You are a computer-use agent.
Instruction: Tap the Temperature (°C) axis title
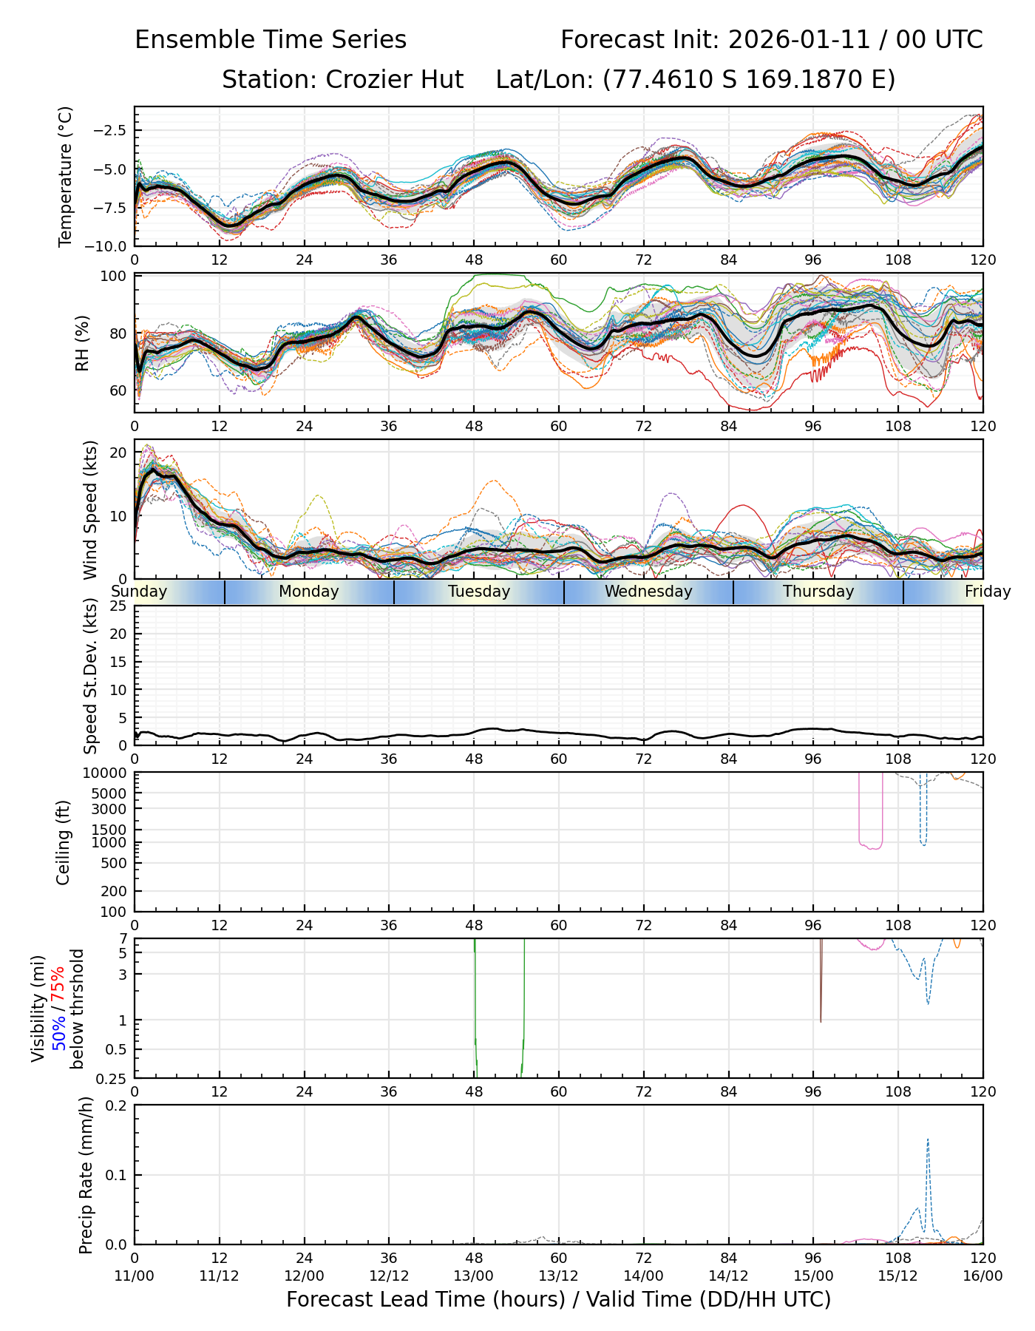coord(66,176)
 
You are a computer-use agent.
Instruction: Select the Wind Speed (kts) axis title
coord(90,509)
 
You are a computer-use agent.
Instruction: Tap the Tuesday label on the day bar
coord(479,592)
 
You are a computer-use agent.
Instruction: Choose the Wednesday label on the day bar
coord(648,592)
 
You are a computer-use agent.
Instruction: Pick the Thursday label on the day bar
coord(818,592)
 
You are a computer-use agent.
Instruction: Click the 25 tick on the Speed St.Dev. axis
coord(118,606)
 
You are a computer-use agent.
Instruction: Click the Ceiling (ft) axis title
coord(64,842)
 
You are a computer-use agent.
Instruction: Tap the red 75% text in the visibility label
coord(58,984)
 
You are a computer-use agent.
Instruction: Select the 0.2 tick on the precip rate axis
coord(117,1106)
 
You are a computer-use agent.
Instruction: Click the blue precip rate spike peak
coord(928,1139)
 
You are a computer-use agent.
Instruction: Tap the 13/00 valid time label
coord(474,1276)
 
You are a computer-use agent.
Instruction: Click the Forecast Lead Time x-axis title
coord(558,1299)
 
